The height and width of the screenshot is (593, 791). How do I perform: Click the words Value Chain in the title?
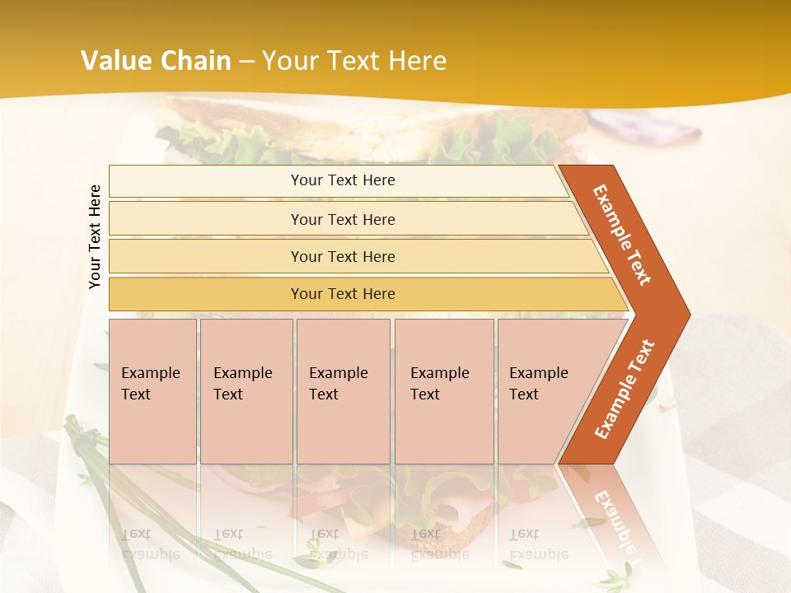156,60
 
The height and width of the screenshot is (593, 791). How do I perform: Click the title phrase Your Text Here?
354,60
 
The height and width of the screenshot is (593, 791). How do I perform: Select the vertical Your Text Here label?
95,236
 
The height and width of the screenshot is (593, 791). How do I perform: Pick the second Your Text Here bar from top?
343,219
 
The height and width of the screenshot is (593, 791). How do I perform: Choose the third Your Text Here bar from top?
343,256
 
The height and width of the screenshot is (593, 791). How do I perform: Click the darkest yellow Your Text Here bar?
343,294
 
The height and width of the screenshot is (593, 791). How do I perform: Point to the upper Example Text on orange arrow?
622,235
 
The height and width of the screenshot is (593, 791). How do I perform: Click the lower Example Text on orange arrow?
625,389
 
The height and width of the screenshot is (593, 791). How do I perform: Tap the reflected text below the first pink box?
148,544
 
